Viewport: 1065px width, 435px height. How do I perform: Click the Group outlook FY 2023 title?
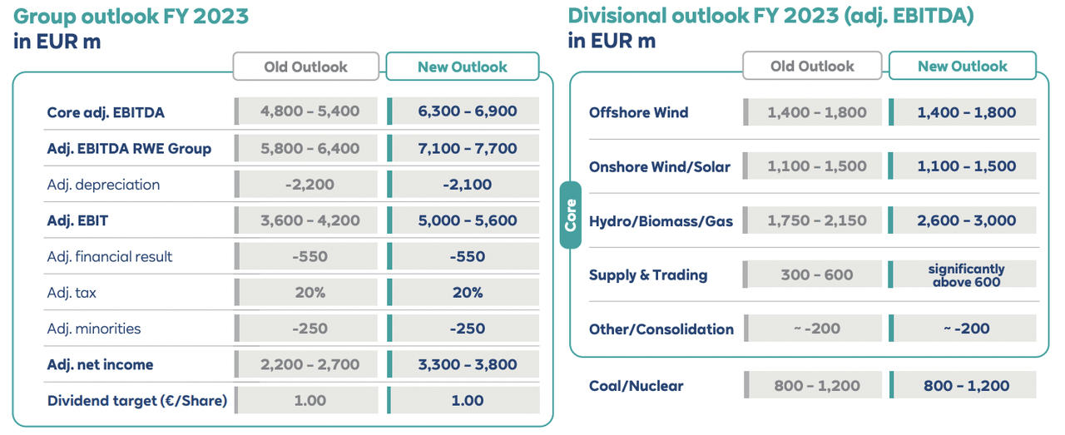pyautogui.click(x=131, y=16)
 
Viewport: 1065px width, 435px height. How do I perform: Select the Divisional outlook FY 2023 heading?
pyautogui.click(x=770, y=16)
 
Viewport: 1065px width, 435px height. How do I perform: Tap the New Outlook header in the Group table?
pyautogui.click(x=462, y=67)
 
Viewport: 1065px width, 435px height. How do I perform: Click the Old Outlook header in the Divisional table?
pyautogui.click(x=812, y=66)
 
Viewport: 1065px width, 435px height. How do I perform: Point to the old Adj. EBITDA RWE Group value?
pyautogui.click(x=310, y=149)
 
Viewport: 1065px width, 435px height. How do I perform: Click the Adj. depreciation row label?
pyautogui.click(x=103, y=185)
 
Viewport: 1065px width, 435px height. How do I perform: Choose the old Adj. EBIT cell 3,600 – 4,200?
pyautogui.click(x=310, y=220)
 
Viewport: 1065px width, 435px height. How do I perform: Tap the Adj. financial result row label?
pyautogui.click(x=110, y=257)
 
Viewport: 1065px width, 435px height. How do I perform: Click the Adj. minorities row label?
pyautogui.click(x=94, y=329)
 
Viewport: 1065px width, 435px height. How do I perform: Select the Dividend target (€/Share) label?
pyautogui.click(x=137, y=401)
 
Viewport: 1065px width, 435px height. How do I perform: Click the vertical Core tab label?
pyautogui.click(x=571, y=215)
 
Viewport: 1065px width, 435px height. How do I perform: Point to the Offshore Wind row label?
pyautogui.click(x=638, y=112)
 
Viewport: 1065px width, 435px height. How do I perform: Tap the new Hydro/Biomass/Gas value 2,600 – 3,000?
pyautogui.click(x=966, y=220)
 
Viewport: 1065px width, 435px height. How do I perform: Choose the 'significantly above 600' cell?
pyautogui.click(x=966, y=274)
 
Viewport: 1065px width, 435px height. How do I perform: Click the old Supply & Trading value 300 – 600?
pyautogui.click(x=816, y=274)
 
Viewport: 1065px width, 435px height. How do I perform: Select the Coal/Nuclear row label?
pyautogui.click(x=637, y=386)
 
